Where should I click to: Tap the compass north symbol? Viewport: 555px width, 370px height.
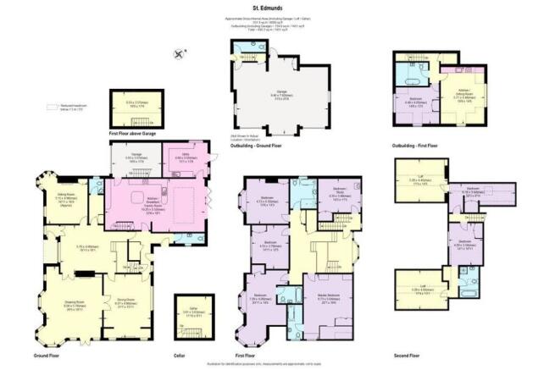[x=180, y=53]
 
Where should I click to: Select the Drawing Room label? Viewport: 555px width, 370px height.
[x=75, y=303]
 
